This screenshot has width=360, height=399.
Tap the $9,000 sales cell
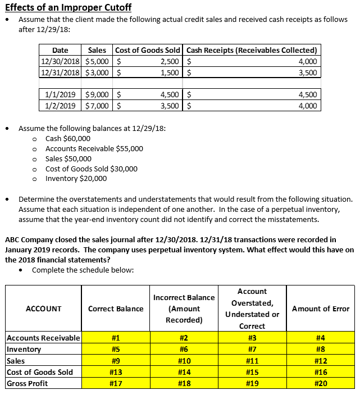[x=98, y=94]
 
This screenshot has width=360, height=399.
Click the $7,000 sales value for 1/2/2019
[x=98, y=105]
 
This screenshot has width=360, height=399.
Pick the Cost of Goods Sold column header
[x=148, y=51]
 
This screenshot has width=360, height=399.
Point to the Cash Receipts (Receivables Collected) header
[x=252, y=51]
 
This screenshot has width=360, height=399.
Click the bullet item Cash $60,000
[x=67, y=138]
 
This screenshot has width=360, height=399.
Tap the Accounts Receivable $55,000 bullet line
[x=94, y=148]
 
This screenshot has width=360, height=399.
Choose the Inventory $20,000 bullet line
[x=76, y=179]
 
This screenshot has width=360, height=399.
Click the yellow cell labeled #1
[x=116, y=338]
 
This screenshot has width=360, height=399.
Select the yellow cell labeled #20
[x=321, y=383]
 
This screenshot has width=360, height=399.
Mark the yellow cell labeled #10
[x=184, y=361]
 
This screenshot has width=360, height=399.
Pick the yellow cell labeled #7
[x=252, y=349]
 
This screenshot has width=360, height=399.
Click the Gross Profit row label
[x=27, y=383]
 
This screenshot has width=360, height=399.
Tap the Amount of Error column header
[x=321, y=309]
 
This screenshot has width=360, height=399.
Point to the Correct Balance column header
[x=116, y=309]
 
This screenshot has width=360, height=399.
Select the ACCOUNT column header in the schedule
[x=43, y=309]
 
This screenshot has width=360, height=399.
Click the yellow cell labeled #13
[x=116, y=372]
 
